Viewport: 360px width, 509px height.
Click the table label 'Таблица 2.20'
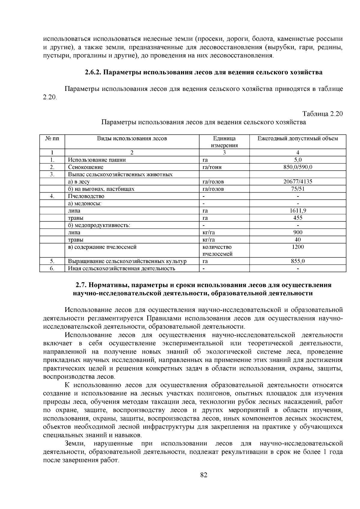pyautogui.click(x=322, y=114)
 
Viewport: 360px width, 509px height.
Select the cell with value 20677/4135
pyautogui.click(x=298, y=181)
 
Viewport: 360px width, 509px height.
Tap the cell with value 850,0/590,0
pyautogui.click(x=298, y=167)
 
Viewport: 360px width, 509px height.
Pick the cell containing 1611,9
pyautogui.click(x=298, y=211)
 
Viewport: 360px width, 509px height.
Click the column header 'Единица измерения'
pyautogui.click(x=224, y=142)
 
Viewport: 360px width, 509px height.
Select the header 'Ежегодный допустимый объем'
pyautogui.click(x=298, y=139)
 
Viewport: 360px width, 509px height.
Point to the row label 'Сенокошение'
pyautogui.click(x=86, y=167)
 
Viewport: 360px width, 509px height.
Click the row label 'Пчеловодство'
pyautogui.click(x=86, y=196)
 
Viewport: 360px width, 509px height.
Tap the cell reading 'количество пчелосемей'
pyautogui.click(x=217, y=250)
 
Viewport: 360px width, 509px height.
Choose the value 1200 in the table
pyautogui.click(x=298, y=247)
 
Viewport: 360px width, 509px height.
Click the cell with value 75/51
pyautogui.click(x=298, y=189)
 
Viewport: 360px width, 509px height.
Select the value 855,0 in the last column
pyautogui.click(x=298, y=261)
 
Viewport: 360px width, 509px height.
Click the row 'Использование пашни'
pyautogui.click(x=97, y=160)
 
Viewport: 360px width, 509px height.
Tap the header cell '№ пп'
pyautogui.click(x=52, y=139)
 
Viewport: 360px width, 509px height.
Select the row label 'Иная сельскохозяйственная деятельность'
pyautogui.click(x=121, y=268)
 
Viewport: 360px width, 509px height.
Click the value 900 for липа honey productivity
pyautogui.click(x=298, y=232)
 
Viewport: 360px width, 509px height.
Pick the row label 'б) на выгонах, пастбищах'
pyautogui.click(x=101, y=189)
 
